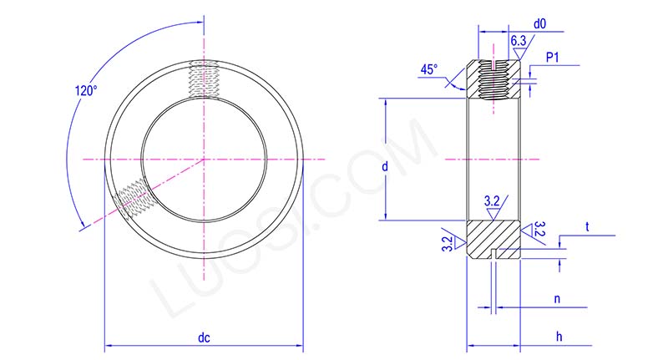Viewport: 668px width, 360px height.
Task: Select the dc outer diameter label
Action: (x=203, y=337)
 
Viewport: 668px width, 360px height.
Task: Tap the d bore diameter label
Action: (x=384, y=167)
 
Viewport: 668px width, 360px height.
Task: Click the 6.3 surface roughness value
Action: (x=518, y=40)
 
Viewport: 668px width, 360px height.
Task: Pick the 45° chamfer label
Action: (x=429, y=71)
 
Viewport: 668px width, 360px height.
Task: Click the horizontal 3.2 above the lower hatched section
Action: (x=493, y=200)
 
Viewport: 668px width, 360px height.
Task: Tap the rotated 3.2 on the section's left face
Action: (x=448, y=243)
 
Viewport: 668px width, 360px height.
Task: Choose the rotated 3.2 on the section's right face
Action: (x=539, y=231)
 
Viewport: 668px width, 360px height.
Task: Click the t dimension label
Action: (x=587, y=226)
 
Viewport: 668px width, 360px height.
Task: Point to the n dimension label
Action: (x=556, y=297)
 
